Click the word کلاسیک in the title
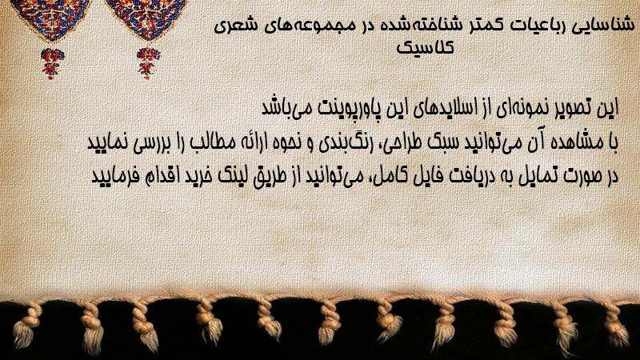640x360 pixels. [425, 48]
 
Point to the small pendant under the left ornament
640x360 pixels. [52, 63]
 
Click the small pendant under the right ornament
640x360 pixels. [148, 63]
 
